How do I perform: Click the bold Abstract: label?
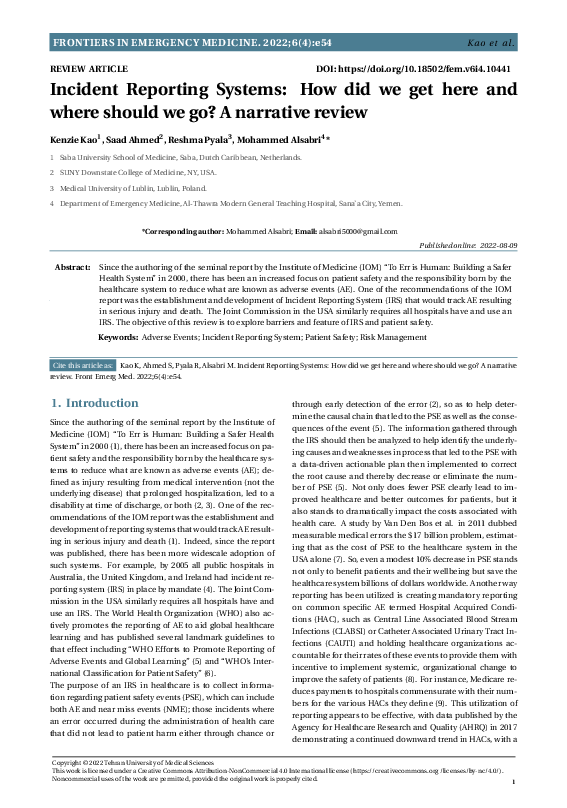[72, 269]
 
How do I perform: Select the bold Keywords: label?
[119, 338]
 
